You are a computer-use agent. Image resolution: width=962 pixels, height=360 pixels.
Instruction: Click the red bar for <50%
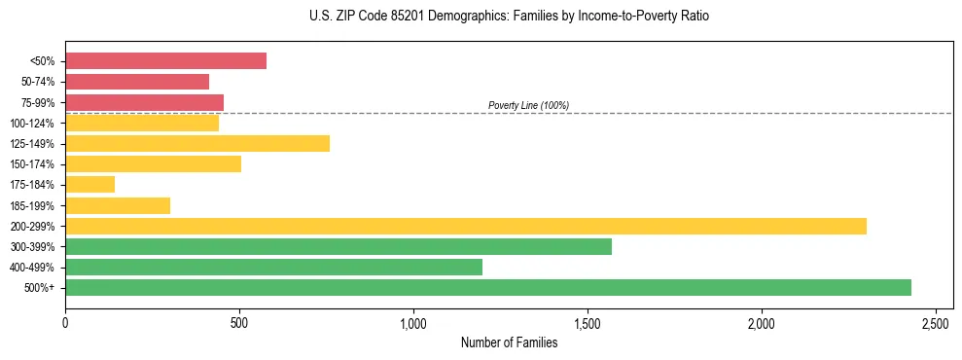(165, 61)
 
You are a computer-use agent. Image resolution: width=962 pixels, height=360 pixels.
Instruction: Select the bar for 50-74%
(137, 82)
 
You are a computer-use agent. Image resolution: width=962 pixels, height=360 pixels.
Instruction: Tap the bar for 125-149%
(197, 144)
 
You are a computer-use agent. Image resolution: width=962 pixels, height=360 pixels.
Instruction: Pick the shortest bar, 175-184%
(89, 185)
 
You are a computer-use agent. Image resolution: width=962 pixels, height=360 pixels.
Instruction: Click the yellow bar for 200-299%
(466, 227)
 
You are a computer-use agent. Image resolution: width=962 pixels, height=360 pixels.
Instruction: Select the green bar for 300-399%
(338, 247)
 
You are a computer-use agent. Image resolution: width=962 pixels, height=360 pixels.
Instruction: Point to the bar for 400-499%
(273, 268)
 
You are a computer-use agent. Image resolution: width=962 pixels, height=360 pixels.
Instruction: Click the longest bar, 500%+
(488, 288)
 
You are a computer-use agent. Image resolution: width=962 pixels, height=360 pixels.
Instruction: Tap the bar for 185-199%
(118, 206)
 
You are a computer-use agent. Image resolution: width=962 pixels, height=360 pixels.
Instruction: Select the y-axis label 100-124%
(34, 124)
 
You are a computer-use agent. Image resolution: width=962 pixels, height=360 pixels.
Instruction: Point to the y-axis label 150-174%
(34, 164)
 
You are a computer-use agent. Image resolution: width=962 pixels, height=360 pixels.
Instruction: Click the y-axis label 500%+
(41, 288)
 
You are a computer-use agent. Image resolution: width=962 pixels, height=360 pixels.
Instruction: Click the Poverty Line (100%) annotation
(528, 105)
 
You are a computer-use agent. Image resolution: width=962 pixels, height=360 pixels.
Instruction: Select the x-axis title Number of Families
(509, 342)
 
